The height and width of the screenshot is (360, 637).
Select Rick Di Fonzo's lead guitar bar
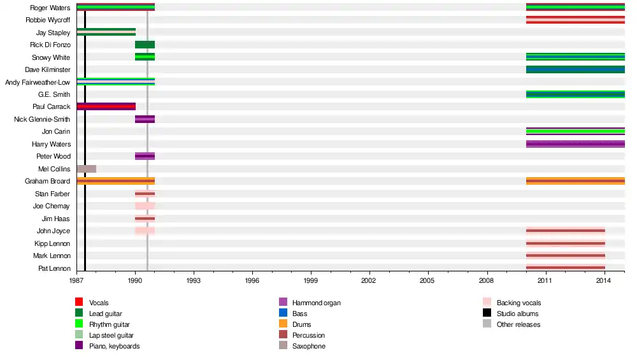coord(145,45)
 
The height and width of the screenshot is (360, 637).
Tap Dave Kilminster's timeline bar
coord(575,69)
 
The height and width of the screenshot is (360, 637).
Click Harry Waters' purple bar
coord(575,144)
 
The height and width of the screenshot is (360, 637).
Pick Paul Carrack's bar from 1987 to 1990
coord(106,106)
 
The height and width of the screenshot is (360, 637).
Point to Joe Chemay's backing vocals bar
coord(145,206)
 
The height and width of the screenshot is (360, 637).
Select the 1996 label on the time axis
coord(252,280)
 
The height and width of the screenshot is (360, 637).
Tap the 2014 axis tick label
coord(605,280)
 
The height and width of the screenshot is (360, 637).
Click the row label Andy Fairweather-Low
coord(38,82)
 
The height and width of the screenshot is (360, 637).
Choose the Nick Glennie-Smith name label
coord(42,119)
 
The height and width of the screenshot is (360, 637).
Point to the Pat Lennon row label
coord(54,268)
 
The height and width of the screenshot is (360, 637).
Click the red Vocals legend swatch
coord(79,302)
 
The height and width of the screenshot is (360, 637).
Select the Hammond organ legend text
coord(317,303)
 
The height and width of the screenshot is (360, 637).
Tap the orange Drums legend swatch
coord(283,324)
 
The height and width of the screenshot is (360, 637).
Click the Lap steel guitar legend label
coord(111,335)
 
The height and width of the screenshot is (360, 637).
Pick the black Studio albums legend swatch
coord(487,313)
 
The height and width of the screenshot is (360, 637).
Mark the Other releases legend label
coord(518,324)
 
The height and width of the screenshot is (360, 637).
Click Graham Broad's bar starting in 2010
coord(575,181)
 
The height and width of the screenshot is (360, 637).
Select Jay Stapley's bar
coord(106,32)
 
